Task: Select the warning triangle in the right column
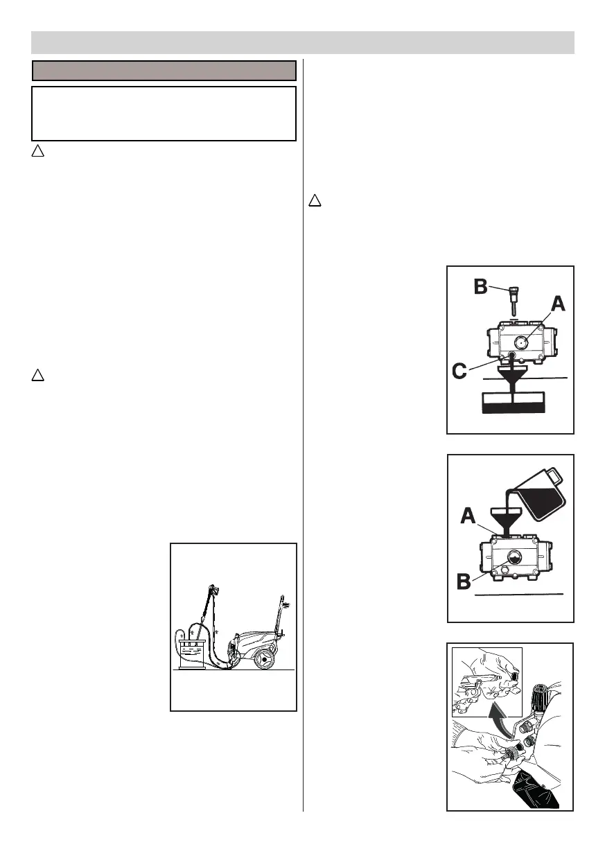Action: (315, 201)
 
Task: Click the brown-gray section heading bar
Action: (164, 70)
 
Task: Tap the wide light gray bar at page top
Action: (303, 42)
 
